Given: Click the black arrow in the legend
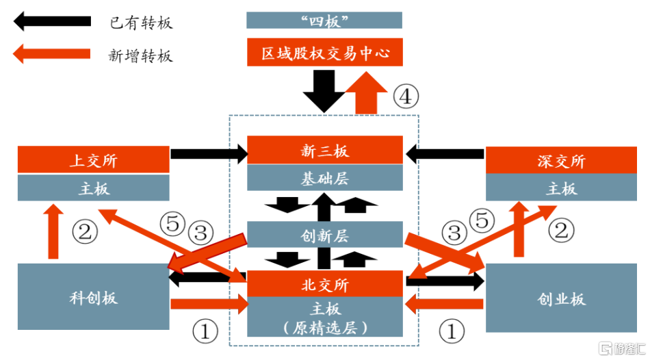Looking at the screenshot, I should [x=52, y=22].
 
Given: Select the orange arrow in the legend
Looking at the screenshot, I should [x=52, y=53].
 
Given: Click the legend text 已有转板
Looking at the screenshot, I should [x=141, y=23].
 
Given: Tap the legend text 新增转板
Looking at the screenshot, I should [x=141, y=55].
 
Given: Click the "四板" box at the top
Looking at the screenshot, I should [x=324, y=20].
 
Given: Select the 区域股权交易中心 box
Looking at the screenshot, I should [x=324, y=53].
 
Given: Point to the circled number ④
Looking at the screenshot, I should [x=405, y=97].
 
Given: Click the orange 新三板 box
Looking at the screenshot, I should [x=324, y=151].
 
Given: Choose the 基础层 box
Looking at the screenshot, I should [x=324, y=178].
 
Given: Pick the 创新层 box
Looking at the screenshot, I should [x=324, y=235].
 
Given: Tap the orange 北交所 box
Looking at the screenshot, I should [x=324, y=283].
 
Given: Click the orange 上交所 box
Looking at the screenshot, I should [x=93, y=160].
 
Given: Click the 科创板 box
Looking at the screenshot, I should [x=93, y=297].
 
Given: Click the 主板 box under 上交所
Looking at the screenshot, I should [x=93, y=188].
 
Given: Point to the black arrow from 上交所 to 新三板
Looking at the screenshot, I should [x=208, y=154].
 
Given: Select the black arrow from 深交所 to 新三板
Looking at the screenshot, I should [x=445, y=153].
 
